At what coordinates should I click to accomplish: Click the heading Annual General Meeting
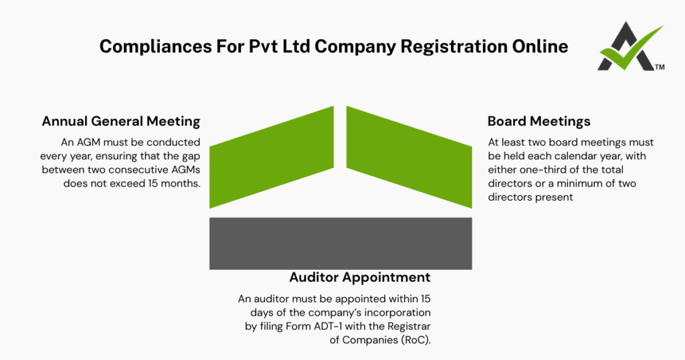pyautogui.click(x=121, y=121)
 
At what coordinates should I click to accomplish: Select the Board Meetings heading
pyautogui.click(x=539, y=121)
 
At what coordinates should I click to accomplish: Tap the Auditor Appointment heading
pyautogui.click(x=359, y=277)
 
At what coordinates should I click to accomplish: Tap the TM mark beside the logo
pyautogui.click(x=660, y=68)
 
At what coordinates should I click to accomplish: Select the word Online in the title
pyautogui.click(x=539, y=47)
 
